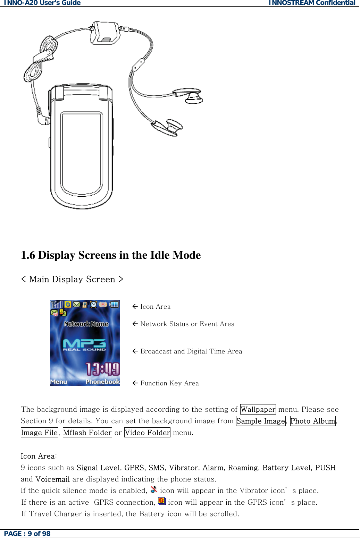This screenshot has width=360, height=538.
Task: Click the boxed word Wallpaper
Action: coord(258,409)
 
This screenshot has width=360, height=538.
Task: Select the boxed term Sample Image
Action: coord(261,421)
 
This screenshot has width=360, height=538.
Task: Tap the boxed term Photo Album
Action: coord(313,421)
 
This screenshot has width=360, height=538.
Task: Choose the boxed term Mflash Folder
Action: coord(87,433)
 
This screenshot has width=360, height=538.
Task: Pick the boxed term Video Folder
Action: coord(147,433)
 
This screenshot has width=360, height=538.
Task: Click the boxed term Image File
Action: coord(39,433)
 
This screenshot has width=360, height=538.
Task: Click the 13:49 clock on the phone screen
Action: coord(102,369)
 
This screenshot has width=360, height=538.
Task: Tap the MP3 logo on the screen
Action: coord(84,344)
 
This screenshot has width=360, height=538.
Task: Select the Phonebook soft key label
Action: coord(102,382)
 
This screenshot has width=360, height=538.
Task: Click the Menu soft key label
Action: coord(59,382)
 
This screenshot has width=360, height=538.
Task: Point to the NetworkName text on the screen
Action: coord(86,324)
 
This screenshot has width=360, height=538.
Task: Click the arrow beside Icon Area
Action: coord(135,306)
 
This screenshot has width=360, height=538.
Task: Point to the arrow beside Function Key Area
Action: coord(135,383)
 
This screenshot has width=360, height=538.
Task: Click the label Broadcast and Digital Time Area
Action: coord(191,351)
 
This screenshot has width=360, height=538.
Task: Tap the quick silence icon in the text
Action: coord(154,489)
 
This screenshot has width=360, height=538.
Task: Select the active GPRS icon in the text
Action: coord(162,501)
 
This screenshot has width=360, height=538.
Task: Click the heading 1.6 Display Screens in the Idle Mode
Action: coord(111,255)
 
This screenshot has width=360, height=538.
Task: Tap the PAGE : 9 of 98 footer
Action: coord(27,533)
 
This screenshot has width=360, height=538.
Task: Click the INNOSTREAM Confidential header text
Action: coord(312,3)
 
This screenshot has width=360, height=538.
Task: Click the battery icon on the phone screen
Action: coord(114,305)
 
